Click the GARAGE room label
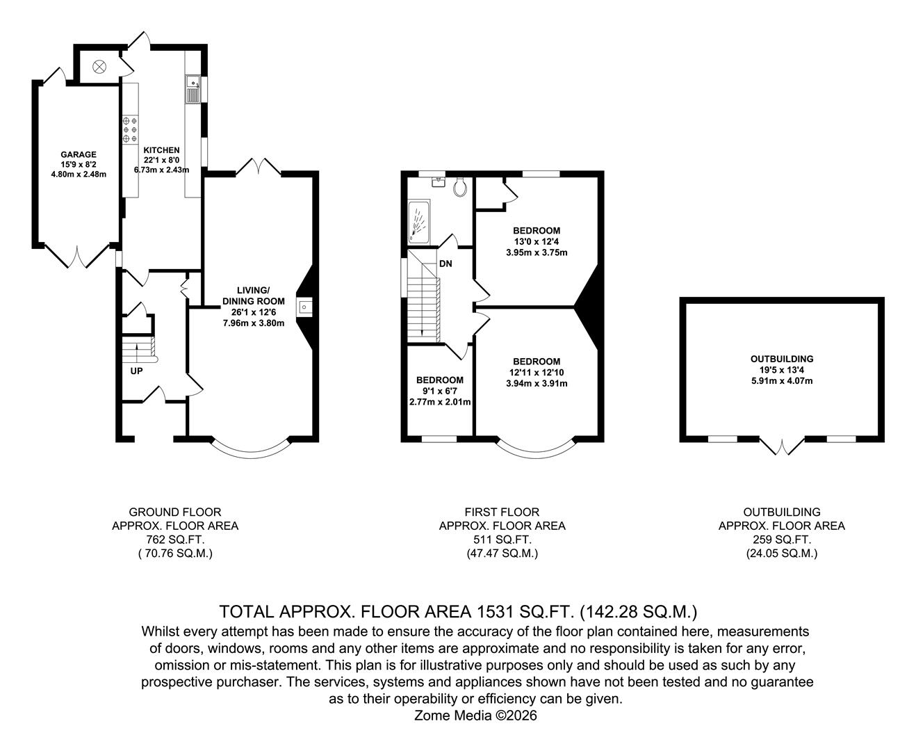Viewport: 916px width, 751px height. point(78,154)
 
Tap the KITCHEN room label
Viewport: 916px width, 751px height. point(161,150)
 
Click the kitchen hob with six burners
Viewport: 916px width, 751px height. point(130,129)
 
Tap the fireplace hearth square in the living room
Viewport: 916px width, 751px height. point(304,306)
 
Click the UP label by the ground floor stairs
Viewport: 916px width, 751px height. point(136,371)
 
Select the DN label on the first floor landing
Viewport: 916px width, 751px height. point(445,264)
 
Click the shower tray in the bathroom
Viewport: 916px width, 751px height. point(418,222)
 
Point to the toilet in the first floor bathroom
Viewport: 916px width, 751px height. point(459,186)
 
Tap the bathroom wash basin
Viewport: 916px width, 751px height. point(438,181)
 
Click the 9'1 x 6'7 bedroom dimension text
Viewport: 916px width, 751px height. point(439,391)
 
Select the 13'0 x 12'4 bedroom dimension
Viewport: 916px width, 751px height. point(536,241)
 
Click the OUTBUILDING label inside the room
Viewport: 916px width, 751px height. point(781,359)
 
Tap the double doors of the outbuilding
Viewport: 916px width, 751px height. point(782,446)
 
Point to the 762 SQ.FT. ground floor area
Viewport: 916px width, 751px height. point(175,540)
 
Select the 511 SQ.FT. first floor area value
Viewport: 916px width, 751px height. point(502,540)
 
